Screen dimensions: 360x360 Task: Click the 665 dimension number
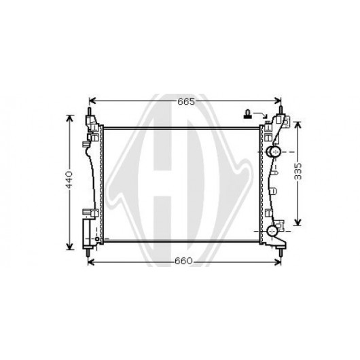coord(186,101)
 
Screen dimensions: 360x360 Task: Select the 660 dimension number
coord(183,261)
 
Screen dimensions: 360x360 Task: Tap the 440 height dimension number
coord(69,179)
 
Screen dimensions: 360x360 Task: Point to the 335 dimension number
coord(298,171)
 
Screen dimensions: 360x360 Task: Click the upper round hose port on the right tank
coord(274,151)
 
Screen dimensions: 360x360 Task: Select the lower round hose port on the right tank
coord(272,231)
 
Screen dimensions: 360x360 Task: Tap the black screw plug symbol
coord(248,114)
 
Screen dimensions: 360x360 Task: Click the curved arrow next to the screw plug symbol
coord(261,115)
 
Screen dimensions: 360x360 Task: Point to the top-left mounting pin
coord(90,111)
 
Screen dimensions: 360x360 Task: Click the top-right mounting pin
coord(280,110)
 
